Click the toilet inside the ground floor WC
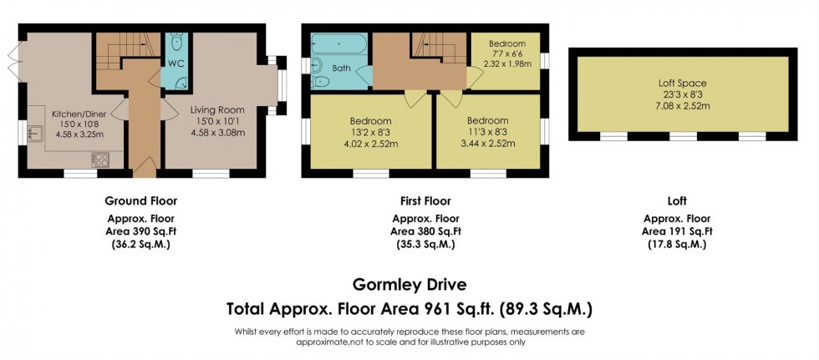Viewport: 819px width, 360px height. coord(176,43)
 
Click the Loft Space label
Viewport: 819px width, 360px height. coord(681,84)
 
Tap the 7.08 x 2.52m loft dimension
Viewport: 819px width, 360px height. coord(681,106)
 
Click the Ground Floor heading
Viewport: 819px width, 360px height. coord(140,200)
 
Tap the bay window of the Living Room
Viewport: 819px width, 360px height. coord(280,84)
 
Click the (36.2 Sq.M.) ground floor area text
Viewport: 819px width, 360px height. coord(140,245)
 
